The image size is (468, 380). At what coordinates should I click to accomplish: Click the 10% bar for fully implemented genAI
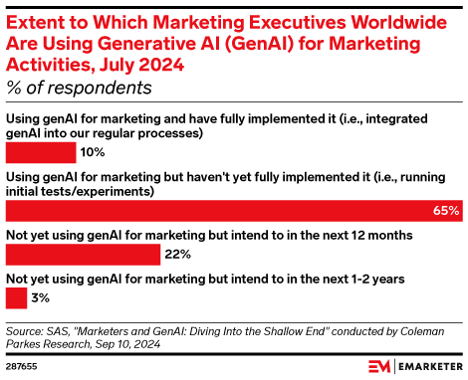click(41, 152)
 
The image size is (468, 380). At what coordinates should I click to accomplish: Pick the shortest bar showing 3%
click(16, 297)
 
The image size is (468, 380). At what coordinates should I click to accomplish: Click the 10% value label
click(93, 152)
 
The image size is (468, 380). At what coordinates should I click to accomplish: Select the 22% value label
click(178, 254)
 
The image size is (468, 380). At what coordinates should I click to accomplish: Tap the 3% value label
click(39, 297)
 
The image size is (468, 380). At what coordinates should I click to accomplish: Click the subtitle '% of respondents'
click(79, 88)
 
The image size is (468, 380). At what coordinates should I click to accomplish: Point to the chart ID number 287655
click(22, 367)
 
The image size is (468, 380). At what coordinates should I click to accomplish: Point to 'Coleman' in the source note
click(436, 329)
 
